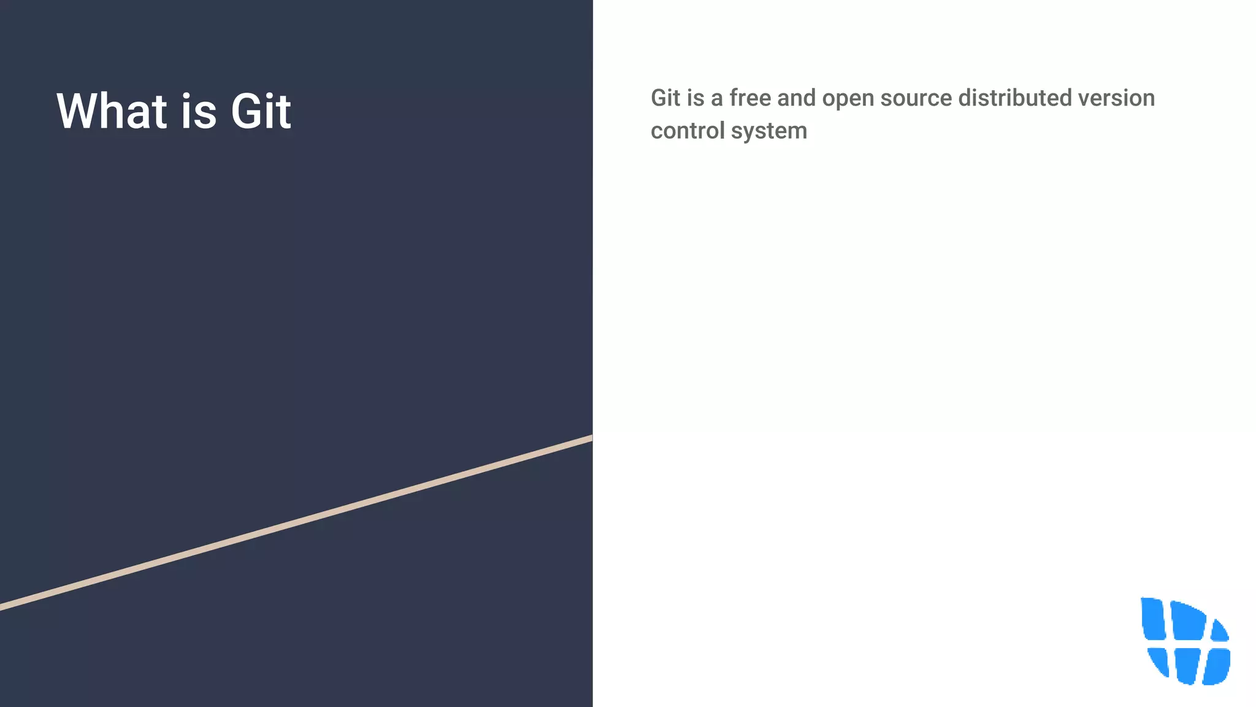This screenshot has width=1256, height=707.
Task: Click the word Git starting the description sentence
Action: click(x=665, y=98)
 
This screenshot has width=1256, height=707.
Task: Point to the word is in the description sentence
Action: click(x=695, y=98)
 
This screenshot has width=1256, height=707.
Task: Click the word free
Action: click(x=750, y=98)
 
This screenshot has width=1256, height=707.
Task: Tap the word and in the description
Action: click(x=796, y=98)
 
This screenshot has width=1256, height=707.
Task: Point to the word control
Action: click(x=687, y=131)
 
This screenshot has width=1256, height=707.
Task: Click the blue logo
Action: click(x=1185, y=641)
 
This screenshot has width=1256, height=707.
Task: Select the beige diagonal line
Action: click(x=296, y=523)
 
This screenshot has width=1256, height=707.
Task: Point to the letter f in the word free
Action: click(x=734, y=98)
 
